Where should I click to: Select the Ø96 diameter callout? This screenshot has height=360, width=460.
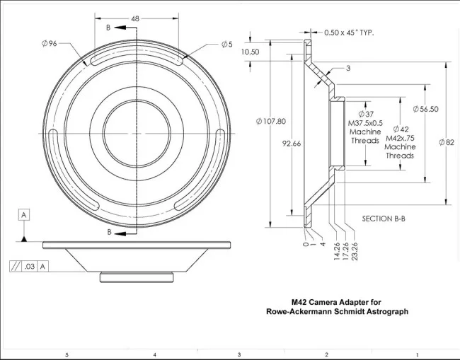49,44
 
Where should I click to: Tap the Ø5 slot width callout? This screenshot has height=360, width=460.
226,44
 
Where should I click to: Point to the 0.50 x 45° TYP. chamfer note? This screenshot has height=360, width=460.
348,33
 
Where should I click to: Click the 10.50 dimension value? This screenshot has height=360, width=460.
250,52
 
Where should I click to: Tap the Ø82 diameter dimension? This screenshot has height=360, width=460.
446,142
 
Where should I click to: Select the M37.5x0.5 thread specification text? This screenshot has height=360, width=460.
366,123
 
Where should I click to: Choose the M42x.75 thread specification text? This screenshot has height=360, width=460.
400,139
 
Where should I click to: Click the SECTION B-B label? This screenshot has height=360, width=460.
384,219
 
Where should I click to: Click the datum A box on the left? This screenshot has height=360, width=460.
25,214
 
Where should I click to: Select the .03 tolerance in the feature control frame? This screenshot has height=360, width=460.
29,267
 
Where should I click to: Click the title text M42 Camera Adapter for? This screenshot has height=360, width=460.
336,302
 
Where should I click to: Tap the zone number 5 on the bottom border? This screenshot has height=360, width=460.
67,354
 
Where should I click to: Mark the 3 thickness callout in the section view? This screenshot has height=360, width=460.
348,68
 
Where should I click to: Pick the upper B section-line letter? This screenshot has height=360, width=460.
108,28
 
